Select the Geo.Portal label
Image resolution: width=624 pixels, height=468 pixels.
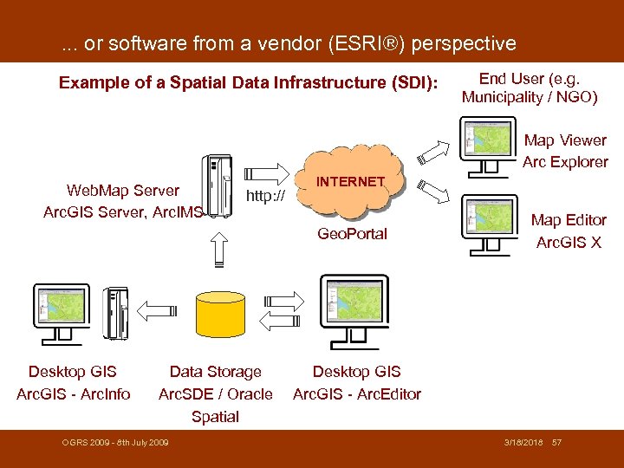352,234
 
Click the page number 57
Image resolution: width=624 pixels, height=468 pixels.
556,443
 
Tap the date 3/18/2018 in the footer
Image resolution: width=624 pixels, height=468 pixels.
523,443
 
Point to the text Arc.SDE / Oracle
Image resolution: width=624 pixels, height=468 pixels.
215,394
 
